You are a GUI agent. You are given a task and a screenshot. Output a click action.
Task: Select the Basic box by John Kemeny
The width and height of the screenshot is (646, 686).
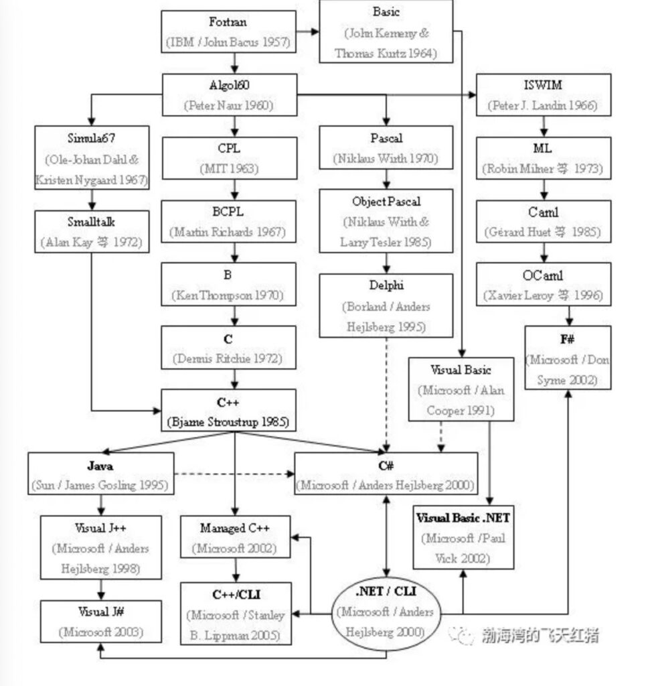[386, 32]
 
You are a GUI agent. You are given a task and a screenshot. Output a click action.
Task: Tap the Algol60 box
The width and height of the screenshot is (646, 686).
[229, 94]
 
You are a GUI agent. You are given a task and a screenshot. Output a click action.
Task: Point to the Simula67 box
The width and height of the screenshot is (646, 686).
[92, 157]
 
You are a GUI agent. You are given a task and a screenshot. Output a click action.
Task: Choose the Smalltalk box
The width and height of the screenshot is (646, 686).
[92, 231]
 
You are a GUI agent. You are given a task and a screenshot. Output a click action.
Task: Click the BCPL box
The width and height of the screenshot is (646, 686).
[229, 221]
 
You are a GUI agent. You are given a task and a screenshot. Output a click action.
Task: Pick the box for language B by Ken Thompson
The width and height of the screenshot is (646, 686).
[228, 284]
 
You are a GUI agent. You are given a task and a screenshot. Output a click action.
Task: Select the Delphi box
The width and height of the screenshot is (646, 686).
[386, 305]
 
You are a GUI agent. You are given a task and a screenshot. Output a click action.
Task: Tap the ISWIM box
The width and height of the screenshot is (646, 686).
[543, 95]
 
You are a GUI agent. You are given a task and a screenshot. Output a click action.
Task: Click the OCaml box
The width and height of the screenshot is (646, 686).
[543, 284]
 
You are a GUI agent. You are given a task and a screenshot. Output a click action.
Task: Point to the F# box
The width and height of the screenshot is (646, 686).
[568, 358]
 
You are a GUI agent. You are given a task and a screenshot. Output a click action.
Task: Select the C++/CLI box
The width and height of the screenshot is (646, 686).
[236, 614]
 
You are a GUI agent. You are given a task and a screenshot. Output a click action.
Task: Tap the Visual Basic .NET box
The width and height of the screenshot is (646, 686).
[463, 537]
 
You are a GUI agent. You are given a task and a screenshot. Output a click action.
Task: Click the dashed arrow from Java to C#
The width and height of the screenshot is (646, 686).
[234, 474]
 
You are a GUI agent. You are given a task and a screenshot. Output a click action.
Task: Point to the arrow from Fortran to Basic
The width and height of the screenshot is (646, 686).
[307, 31]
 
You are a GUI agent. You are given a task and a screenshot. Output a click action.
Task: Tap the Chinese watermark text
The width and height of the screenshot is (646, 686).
[539, 634]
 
